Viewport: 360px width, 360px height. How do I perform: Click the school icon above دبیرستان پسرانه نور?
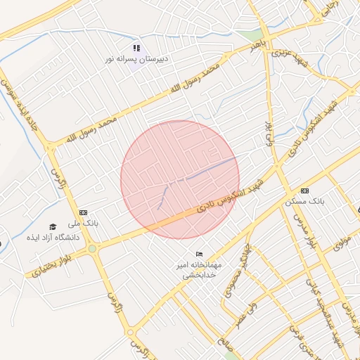(136, 48)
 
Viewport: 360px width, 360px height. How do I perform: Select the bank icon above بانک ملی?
(84, 212)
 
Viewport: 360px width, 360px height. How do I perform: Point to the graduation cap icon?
(52, 226)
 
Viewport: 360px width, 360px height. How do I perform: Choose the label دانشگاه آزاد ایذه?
(53, 238)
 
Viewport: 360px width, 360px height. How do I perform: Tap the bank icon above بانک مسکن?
(304, 191)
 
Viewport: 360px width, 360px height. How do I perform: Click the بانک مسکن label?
(305, 200)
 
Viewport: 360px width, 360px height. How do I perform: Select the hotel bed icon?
(200, 254)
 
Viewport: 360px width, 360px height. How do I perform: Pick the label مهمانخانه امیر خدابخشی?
(200, 270)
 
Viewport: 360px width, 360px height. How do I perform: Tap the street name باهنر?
(258, 48)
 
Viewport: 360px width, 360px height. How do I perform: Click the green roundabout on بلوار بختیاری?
(91, 247)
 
